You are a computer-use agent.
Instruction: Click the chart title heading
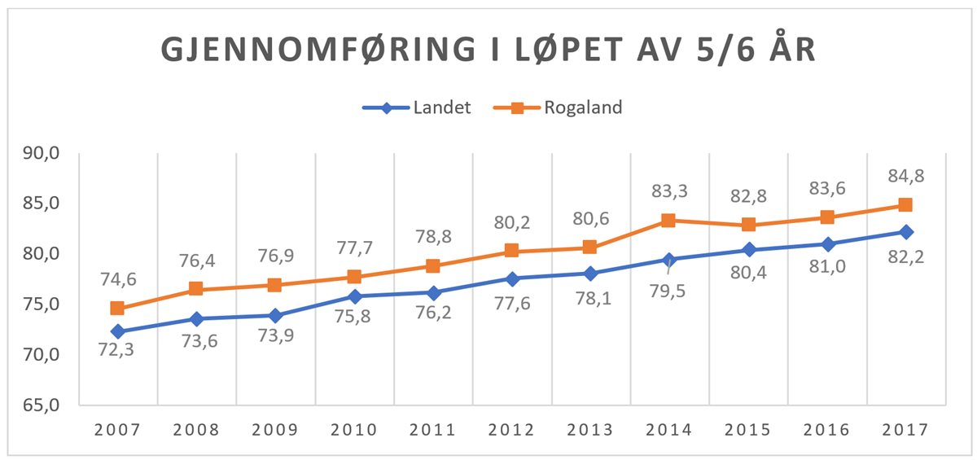[488, 50]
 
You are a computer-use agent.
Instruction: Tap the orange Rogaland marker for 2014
[668, 221]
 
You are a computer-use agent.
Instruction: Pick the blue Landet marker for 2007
[117, 331]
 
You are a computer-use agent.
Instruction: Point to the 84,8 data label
[905, 176]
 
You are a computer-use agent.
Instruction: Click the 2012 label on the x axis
[511, 430]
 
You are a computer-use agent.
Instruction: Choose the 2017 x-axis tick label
[905, 430]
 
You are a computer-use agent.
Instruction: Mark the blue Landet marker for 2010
[353, 296]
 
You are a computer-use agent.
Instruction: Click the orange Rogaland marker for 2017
[905, 205]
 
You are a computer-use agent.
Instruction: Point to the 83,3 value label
[668, 192]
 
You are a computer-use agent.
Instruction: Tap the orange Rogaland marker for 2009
[274, 285]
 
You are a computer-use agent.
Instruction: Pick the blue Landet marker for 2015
[747, 250]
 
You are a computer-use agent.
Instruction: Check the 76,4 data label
[196, 261]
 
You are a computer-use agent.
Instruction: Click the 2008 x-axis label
[196, 430]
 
